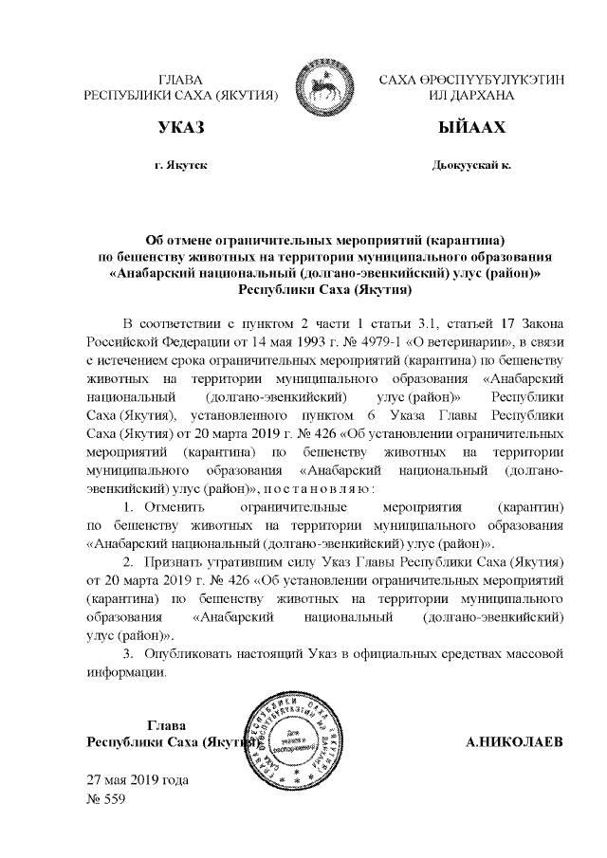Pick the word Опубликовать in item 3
pos(190,655)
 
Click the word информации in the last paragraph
pos(126,674)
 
